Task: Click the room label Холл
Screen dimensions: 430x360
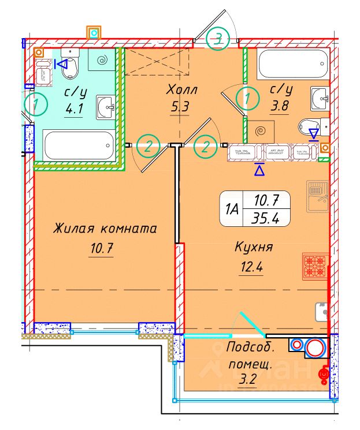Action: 181,90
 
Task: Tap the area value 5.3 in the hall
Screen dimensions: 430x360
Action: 181,106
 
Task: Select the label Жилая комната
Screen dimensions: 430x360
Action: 105,229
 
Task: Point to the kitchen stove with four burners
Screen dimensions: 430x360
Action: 315,267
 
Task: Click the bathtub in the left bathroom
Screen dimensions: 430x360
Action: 79,146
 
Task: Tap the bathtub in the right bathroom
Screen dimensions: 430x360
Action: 292,65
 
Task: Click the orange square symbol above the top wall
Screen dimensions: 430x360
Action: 93,32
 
